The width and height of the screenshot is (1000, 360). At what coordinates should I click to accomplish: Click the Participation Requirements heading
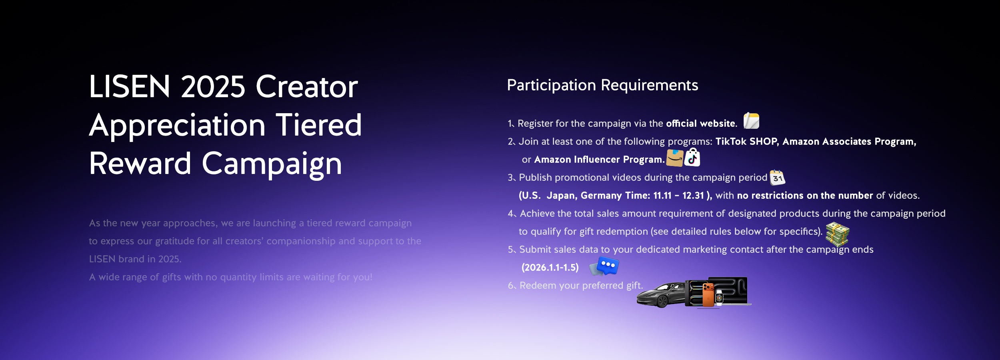click(x=602, y=85)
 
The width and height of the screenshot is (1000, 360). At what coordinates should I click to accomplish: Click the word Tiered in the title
click(x=319, y=125)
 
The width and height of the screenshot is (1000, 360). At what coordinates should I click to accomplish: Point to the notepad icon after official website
click(x=751, y=121)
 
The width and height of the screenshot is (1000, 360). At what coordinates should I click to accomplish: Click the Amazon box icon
click(x=675, y=158)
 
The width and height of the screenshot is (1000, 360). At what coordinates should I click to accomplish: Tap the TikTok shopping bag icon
click(x=692, y=157)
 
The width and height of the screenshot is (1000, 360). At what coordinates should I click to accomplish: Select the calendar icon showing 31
click(x=777, y=177)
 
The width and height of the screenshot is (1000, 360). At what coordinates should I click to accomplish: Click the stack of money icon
click(x=837, y=234)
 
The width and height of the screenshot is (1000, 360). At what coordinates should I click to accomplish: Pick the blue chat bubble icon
click(x=605, y=266)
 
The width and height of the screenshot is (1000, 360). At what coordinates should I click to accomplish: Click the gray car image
click(x=661, y=295)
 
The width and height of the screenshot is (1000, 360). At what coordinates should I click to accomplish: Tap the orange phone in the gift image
click(x=708, y=295)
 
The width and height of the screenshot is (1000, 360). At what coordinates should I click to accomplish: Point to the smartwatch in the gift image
click(x=719, y=298)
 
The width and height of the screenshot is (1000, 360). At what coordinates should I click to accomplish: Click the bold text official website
click(x=701, y=123)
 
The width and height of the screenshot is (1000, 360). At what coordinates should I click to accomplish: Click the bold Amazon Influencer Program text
click(x=599, y=160)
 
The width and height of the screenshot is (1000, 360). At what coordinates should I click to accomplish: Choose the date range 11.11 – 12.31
click(x=678, y=195)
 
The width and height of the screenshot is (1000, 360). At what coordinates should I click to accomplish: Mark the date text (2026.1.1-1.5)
click(x=550, y=267)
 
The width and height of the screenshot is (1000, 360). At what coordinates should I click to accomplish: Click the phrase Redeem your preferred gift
click(x=581, y=286)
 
